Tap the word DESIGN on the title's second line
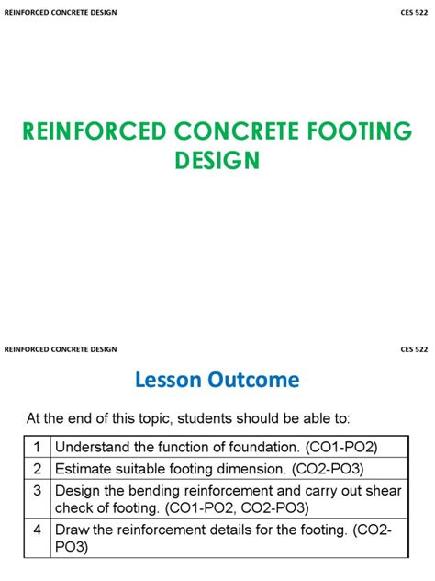(x=217, y=161)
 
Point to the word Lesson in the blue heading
(x=167, y=380)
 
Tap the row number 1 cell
(x=38, y=446)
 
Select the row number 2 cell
(x=38, y=468)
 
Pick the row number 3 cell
(x=38, y=491)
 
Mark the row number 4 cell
(x=38, y=530)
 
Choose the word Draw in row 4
(x=72, y=530)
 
